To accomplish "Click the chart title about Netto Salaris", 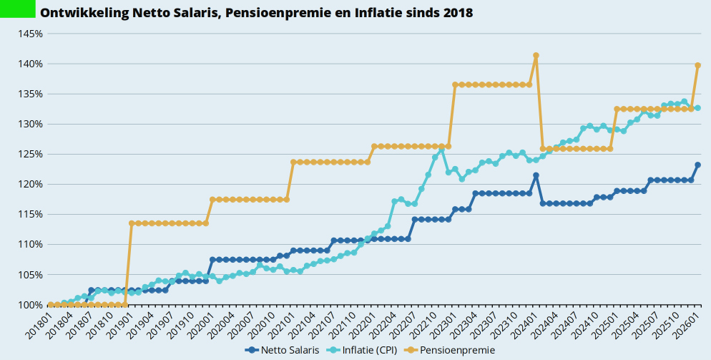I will coord(256,13).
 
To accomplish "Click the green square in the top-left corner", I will coord(18,9).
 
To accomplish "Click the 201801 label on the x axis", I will coord(40,322).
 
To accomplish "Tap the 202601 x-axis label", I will coord(688,322).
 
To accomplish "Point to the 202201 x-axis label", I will coord(364,322).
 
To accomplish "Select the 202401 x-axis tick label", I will coord(526,322).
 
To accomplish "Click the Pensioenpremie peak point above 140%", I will coord(536,55).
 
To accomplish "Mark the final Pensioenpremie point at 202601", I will coord(698,65).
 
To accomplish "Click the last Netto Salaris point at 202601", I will coord(698,165).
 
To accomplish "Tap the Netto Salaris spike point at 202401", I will coord(536,175).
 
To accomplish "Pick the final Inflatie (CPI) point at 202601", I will coord(698,108).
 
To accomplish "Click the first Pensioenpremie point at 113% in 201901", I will coord(132,223).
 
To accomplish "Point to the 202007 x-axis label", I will coord(242,322).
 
